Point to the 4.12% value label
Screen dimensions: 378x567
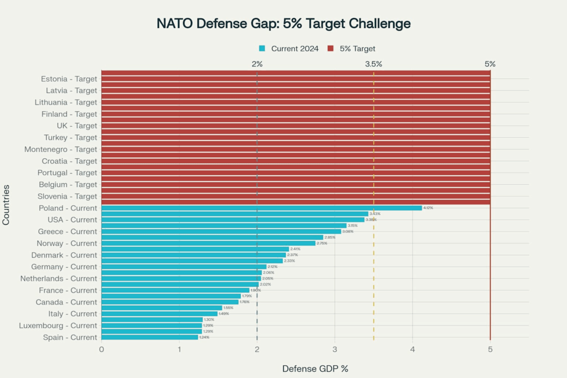pyautogui.click(x=428, y=208)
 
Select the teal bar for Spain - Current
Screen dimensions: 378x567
pyautogui.click(x=150, y=337)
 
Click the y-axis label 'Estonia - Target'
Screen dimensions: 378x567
pyautogui.click(x=69, y=79)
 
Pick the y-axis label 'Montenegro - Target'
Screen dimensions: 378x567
pyautogui.click(x=60, y=149)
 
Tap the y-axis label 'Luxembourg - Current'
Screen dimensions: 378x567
pyautogui.click(x=58, y=325)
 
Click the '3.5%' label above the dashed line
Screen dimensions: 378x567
pyautogui.click(x=374, y=64)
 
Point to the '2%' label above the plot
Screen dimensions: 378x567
pyautogui.click(x=257, y=64)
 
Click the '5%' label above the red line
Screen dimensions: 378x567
pyautogui.click(x=490, y=64)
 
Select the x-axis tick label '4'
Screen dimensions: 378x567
pyautogui.click(x=413, y=350)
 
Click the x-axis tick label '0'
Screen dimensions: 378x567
pyautogui.click(x=101, y=350)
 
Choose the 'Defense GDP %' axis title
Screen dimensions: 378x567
pyautogui.click(x=315, y=369)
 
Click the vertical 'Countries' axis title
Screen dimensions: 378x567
pyautogui.click(x=6, y=205)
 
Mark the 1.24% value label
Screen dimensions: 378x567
pyautogui.click(x=204, y=337)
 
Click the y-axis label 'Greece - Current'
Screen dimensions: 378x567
pyautogui.click(x=67, y=231)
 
